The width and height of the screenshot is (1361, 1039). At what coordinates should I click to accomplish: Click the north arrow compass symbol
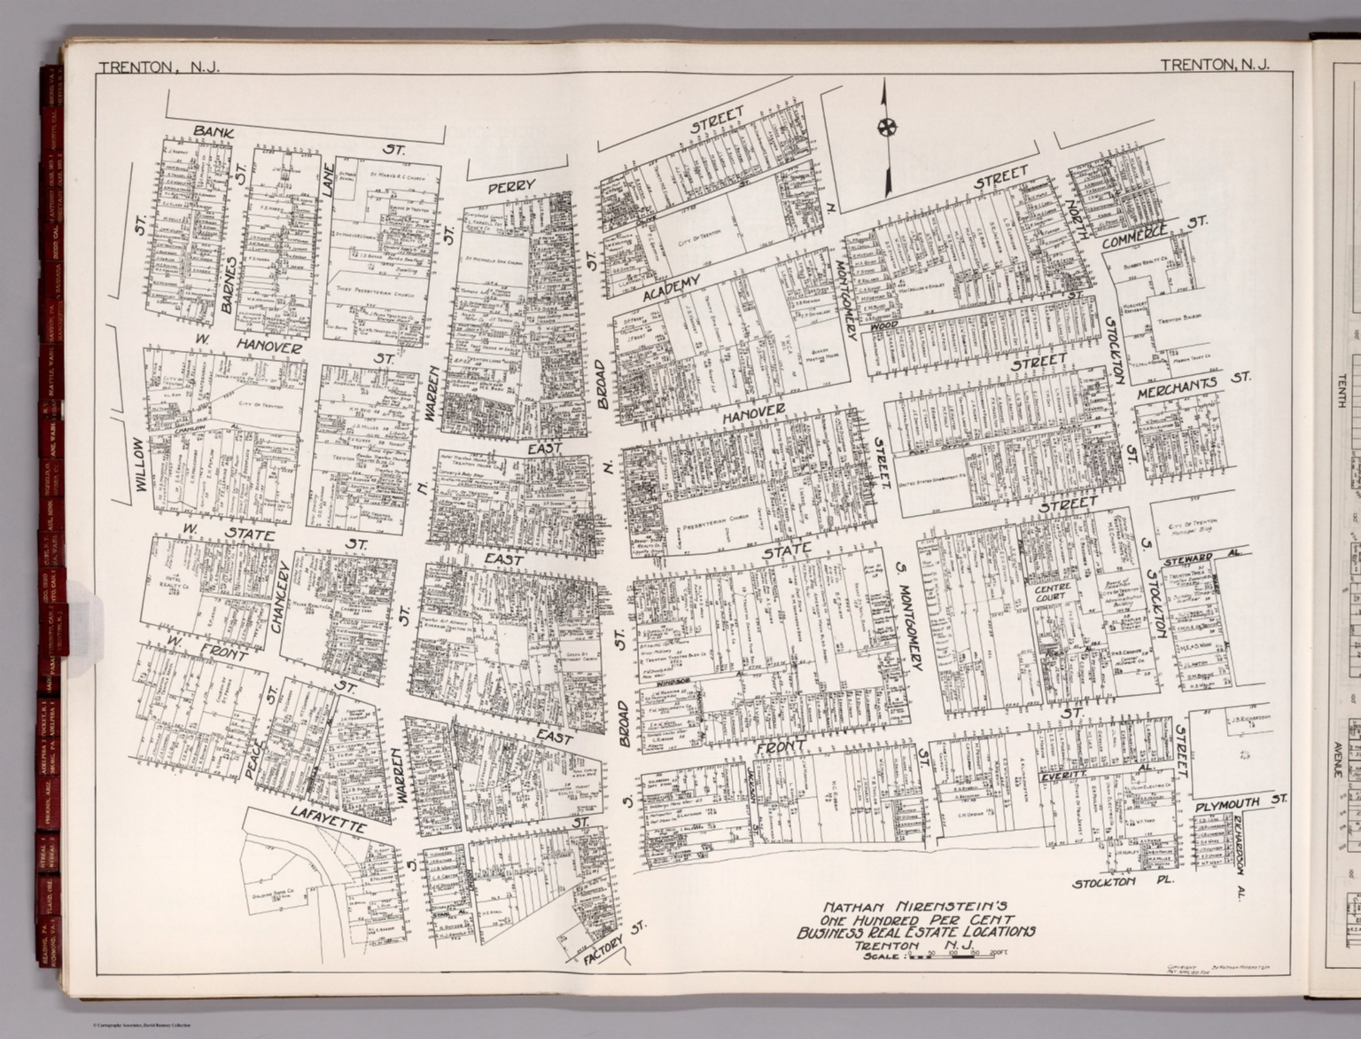[x=884, y=128]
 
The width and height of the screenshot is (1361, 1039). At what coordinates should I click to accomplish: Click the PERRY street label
[x=511, y=186]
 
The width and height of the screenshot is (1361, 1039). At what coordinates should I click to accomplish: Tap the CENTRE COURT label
[x=1052, y=592]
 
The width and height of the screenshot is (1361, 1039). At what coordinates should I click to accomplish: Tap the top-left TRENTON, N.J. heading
[x=159, y=66]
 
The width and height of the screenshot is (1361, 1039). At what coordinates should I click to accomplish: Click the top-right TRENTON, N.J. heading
[x=1214, y=64]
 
